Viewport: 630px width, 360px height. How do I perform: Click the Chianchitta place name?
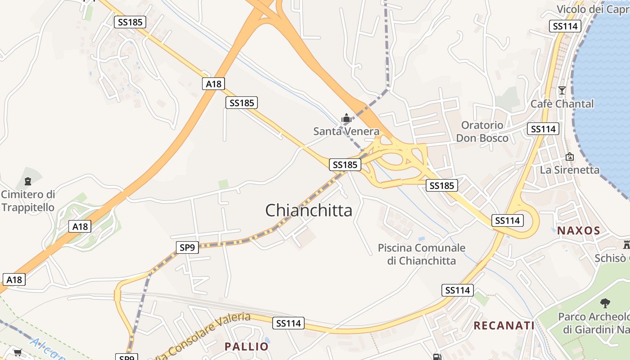309,210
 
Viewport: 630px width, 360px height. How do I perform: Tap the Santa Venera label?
346,131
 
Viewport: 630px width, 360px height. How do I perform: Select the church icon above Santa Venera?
346,118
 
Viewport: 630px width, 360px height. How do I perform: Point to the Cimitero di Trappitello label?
28,201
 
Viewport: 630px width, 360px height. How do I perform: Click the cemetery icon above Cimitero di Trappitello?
28,181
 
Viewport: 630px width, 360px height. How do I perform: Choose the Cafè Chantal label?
562,104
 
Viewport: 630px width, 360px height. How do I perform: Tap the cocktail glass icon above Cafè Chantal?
562,90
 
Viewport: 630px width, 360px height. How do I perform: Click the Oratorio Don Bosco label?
482,131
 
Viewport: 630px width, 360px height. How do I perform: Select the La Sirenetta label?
570,170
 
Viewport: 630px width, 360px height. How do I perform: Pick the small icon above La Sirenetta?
570,157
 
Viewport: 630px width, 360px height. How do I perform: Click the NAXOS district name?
579,231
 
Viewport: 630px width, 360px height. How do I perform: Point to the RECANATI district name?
504,325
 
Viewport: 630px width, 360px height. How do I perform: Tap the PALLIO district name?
246,346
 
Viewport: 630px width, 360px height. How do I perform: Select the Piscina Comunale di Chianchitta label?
422,254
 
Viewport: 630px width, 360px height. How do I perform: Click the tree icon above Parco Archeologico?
605,303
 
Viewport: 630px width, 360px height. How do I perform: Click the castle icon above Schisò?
626,245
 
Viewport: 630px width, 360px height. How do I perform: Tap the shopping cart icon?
18,352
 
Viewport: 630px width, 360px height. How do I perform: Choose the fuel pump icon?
436,357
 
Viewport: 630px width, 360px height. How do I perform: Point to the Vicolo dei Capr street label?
593,9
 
